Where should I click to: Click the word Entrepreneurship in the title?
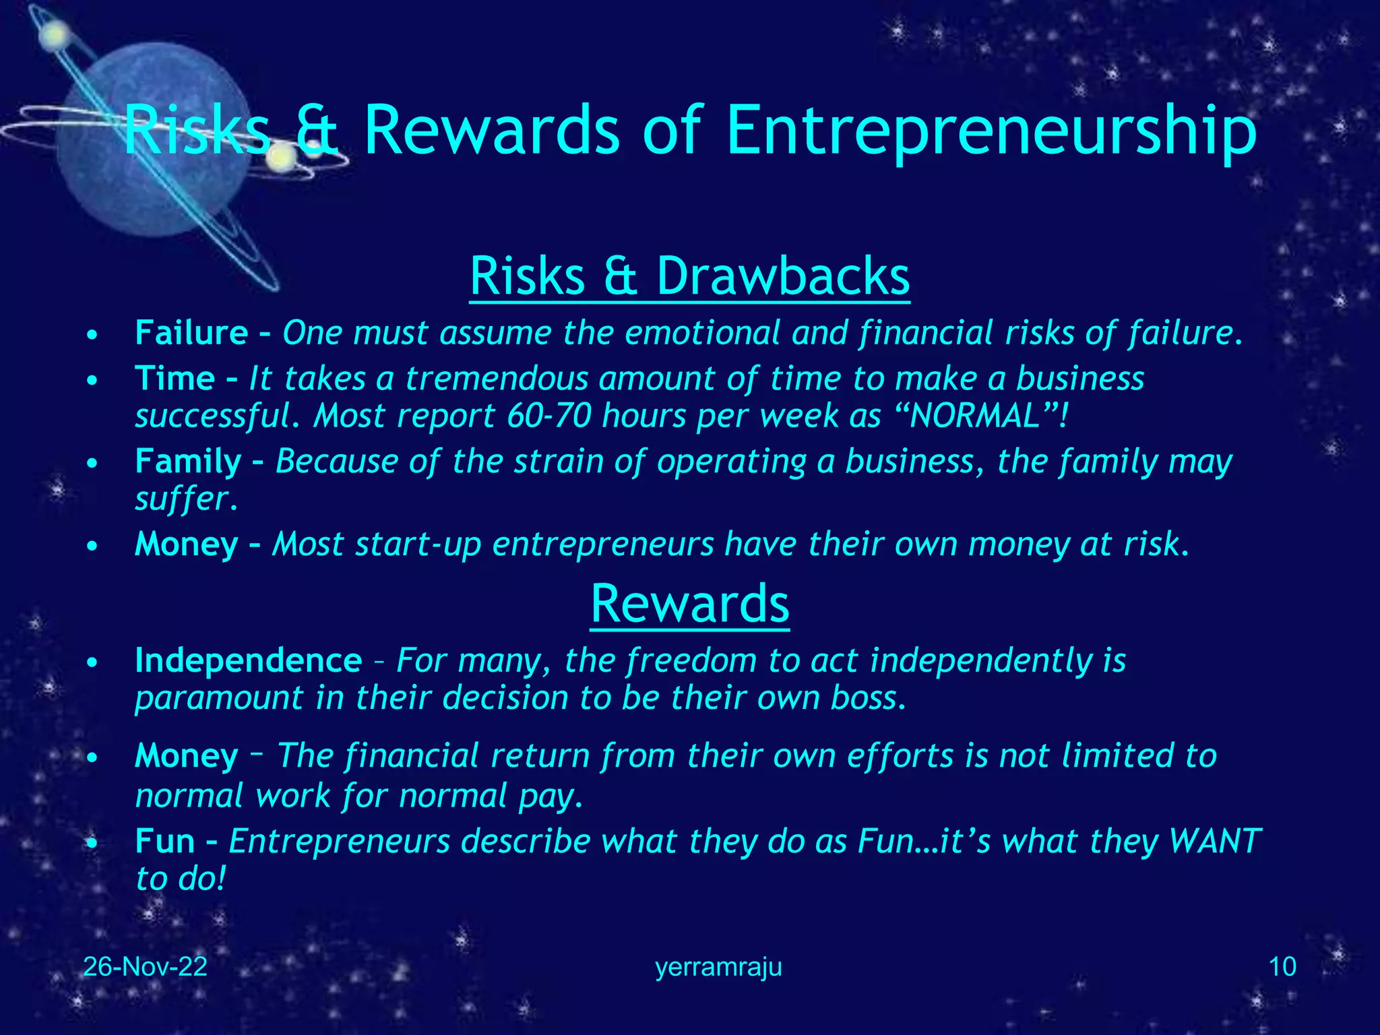click(x=991, y=131)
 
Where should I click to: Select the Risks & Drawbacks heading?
click(x=689, y=276)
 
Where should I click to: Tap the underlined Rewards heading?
click(x=689, y=604)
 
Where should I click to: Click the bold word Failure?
click(x=191, y=333)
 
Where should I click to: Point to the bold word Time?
click(x=175, y=378)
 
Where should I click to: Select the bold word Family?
click(x=188, y=462)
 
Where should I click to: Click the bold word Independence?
click(x=248, y=660)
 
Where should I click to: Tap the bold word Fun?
click(x=165, y=841)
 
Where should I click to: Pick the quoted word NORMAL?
click(x=975, y=416)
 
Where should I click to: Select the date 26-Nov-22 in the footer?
click(x=145, y=967)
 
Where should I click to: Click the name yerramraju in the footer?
click(x=718, y=968)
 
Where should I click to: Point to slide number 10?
click(x=1282, y=967)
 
